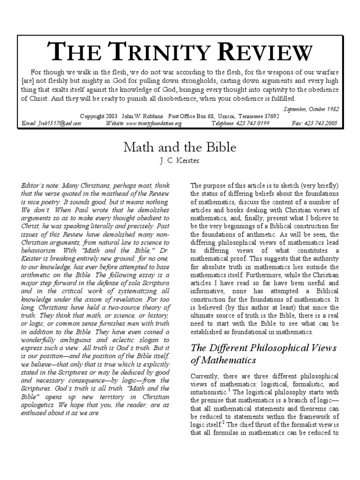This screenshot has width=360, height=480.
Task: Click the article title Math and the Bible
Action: coord(180,148)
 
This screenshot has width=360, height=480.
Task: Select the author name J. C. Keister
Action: coord(180,161)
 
